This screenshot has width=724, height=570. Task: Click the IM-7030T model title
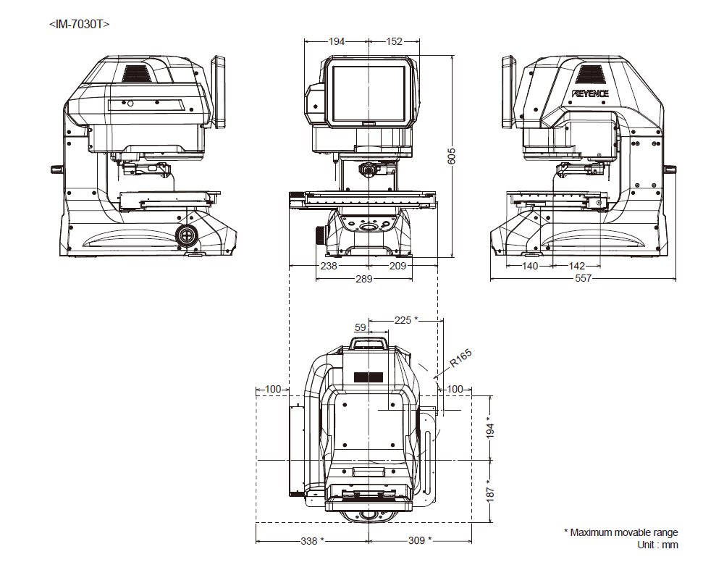(79, 24)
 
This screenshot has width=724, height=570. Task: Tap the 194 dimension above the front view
(337, 41)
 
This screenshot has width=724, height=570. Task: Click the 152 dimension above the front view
(394, 41)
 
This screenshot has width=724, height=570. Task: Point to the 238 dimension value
(328, 267)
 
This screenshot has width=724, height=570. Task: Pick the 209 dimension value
(397, 267)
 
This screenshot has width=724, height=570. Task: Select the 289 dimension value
(364, 279)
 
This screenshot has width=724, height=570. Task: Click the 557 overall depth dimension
(583, 279)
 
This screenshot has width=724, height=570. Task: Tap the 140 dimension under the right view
(531, 267)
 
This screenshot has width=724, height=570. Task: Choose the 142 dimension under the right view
(577, 267)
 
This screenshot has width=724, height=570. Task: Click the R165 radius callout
(460, 359)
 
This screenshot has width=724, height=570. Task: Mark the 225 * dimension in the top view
(406, 319)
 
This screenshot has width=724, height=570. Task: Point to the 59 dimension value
(361, 327)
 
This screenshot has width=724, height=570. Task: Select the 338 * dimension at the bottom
(312, 540)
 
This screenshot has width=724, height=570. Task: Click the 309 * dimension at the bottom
(420, 540)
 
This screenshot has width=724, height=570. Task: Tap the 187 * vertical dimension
(490, 492)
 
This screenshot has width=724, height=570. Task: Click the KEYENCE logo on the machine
(590, 93)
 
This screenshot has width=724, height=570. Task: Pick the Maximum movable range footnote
(620, 532)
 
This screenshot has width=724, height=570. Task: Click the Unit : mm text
(657, 545)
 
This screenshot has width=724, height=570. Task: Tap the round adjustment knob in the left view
(187, 235)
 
